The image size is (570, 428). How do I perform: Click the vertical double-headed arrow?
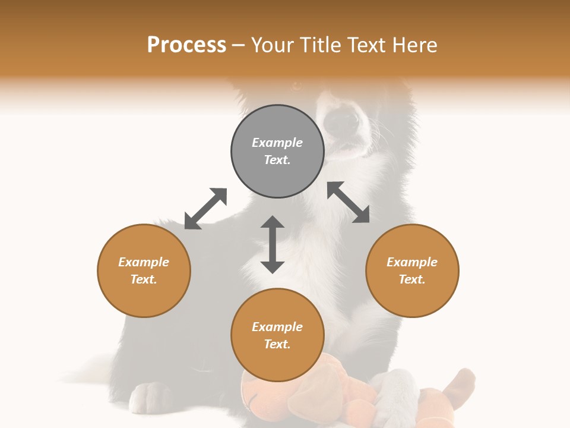273,244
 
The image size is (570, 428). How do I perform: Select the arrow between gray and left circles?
205,209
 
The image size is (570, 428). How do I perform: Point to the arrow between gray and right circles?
349,202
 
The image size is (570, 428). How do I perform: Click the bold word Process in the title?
186,45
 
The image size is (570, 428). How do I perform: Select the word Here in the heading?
415,45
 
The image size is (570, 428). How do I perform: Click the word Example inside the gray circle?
277,143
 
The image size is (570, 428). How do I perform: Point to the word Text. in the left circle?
144,279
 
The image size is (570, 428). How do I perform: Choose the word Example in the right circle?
412,262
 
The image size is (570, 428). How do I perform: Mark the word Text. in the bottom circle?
277,344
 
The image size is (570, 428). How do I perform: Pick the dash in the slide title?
238,45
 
